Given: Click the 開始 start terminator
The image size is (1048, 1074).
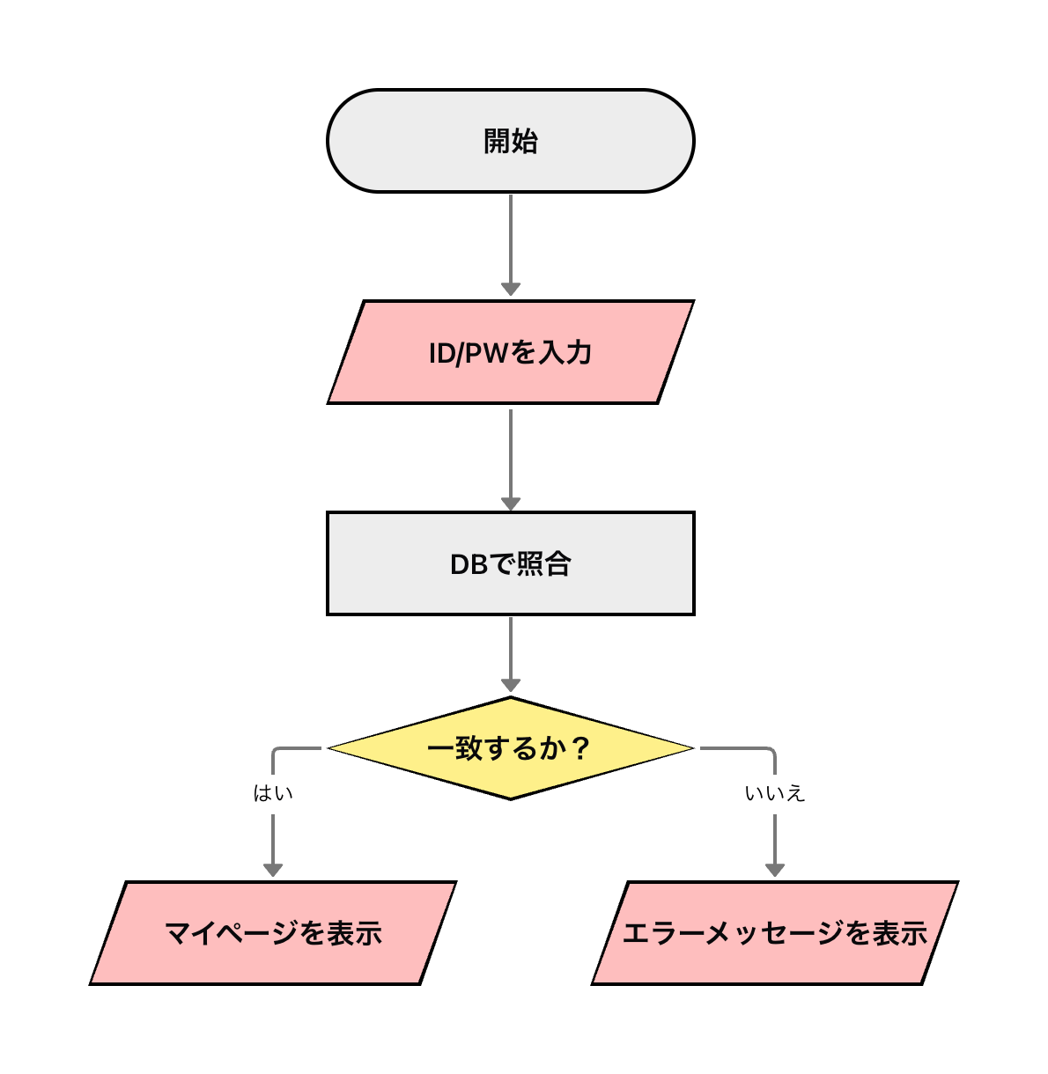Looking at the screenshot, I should [510, 141].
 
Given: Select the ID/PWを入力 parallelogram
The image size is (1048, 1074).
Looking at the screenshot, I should [510, 352].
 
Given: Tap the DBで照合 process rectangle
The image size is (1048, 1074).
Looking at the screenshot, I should [510, 563].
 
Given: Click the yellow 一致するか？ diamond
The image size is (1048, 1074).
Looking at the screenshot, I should [510, 748].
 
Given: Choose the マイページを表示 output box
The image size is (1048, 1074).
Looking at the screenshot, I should [273, 933].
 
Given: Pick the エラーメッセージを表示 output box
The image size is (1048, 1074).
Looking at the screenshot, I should [774, 933].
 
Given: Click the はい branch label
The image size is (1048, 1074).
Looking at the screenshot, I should [273, 793].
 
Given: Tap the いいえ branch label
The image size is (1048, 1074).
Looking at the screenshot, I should [774, 793].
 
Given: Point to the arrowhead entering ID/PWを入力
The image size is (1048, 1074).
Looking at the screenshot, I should [511, 289].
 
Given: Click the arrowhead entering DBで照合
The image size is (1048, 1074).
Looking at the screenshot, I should [511, 503].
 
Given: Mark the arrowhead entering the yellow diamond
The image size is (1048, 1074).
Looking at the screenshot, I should [511, 684].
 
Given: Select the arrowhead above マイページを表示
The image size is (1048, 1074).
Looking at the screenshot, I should [273, 870].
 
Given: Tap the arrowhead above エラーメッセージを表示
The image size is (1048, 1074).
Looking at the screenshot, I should [775, 870].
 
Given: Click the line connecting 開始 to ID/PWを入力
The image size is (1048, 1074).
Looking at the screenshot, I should [511, 238].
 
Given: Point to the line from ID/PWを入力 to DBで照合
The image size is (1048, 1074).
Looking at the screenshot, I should [511, 453].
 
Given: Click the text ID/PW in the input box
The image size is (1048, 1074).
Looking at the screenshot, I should [469, 353].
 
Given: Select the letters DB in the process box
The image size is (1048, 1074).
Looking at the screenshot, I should [469, 564].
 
